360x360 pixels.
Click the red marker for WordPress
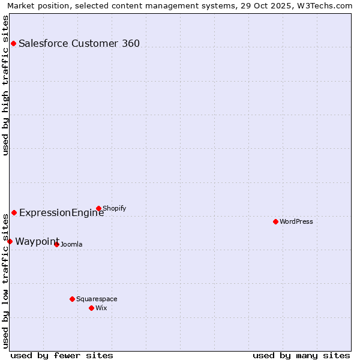point(275,221)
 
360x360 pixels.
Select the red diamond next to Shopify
point(98,209)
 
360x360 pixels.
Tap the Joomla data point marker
point(56,244)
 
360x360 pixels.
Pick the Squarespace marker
point(72,299)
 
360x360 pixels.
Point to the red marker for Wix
point(91,308)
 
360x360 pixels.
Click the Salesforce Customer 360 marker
point(13,43)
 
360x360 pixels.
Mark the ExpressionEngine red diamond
point(14,212)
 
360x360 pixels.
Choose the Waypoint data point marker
point(10,241)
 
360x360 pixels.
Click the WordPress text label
point(296,221)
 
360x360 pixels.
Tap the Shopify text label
point(115,208)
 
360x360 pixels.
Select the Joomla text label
point(71,244)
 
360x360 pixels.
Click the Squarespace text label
point(97,299)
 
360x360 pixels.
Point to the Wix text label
point(101,308)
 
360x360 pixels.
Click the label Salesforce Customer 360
point(79,43)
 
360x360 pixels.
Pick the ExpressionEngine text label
point(61,212)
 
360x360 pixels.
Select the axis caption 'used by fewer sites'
point(62,355)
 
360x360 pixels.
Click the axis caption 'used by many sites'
point(301,355)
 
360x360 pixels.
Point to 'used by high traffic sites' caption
point(5,85)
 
